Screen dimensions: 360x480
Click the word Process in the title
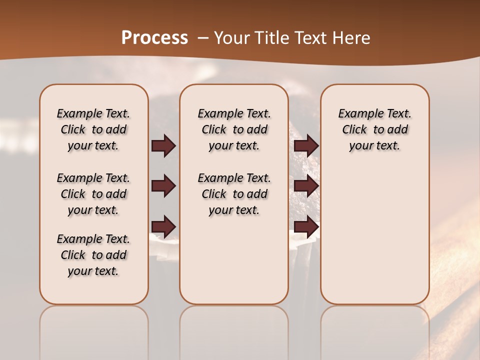click(x=154, y=38)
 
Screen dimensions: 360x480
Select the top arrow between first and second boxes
click(x=163, y=146)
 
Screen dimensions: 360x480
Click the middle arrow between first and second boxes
click(x=163, y=186)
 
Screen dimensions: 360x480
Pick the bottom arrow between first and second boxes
click(x=163, y=227)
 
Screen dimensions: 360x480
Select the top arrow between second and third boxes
click(x=306, y=146)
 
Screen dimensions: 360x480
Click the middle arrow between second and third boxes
click(x=306, y=186)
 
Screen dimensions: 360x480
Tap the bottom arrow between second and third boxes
click(x=306, y=227)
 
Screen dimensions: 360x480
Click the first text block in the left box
click(x=93, y=129)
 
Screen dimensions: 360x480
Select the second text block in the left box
click(x=93, y=194)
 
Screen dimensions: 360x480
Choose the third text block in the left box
click(x=93, y=255)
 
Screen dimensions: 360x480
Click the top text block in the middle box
click(x=234, y=129)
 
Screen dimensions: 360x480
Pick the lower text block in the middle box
click(x=234, y=194)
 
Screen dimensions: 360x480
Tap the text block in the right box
click(x=374, y=129)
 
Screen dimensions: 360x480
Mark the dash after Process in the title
click(x=202, y=38)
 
